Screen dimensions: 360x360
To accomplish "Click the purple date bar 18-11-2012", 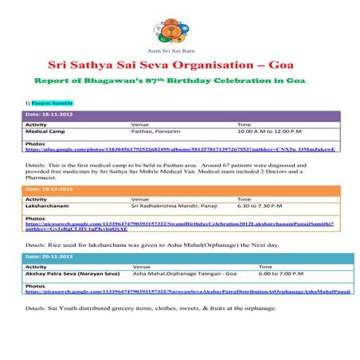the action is [180, 116].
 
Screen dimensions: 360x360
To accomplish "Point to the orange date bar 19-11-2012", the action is [180, 189].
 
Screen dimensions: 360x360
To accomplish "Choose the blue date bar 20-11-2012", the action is [180, 257].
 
